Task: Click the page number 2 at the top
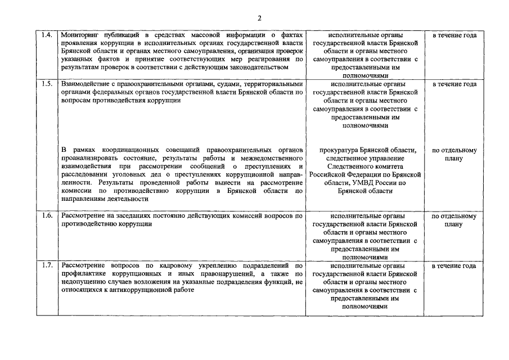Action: [x=259, y=18]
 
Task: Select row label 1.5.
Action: [x=47, y=84]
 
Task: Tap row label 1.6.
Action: [x=47, y=216]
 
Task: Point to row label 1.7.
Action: [x=47, y=265]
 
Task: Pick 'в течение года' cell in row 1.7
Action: [x=454, y=265]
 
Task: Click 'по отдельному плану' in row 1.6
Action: [x=454, y=220]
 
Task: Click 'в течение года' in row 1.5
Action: [x=454, y=84]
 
